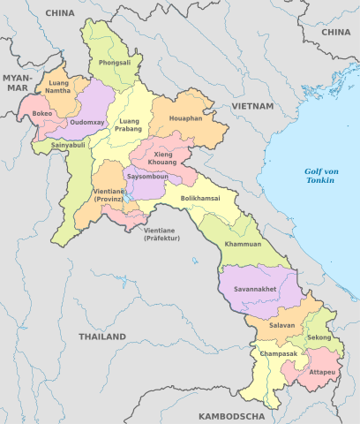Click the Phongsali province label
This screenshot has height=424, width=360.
point(116,64)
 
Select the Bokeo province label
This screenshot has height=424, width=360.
point(42,114)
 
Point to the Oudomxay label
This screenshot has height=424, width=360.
point(88,122)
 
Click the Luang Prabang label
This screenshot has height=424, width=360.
point(130,125)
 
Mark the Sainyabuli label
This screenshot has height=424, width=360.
point(69,144)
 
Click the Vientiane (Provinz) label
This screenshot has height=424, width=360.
point(109,195)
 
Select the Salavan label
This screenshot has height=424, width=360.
point(269,326)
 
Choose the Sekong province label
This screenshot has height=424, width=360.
point(319,338)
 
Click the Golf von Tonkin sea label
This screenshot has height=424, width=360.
point(319,176)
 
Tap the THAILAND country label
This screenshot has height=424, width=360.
point(101,337)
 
